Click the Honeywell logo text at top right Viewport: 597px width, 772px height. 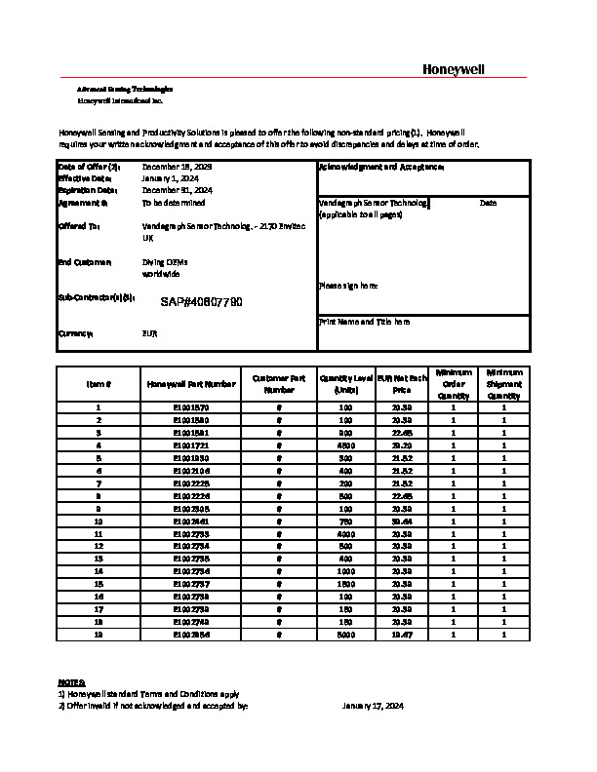[x=452, y=68]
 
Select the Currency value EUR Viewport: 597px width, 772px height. [x=150, y=333]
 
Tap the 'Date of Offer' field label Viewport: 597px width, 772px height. [x=89, y=168]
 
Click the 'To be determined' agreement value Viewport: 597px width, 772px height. [x=174, y=203]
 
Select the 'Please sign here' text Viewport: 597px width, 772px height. [x=347, y=286]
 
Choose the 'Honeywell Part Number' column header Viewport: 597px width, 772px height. [x=191, y=385]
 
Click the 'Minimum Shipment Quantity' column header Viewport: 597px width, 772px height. [x=503, y=384]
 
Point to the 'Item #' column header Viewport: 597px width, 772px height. [x=99, y=385]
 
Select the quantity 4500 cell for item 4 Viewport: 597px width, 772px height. [x=344, y=444]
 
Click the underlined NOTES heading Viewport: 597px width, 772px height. [x=71, y=682]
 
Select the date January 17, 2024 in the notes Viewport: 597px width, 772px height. [x=373, y=706]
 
